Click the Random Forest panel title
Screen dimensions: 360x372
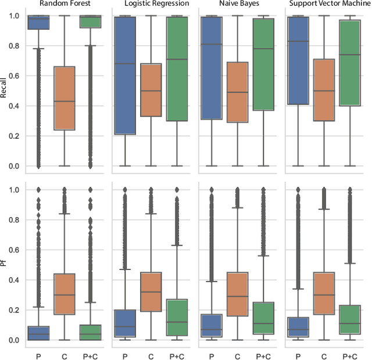pos(64,3)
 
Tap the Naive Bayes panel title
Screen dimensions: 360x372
pos(238,3)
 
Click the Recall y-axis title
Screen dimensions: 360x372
pos(4,91)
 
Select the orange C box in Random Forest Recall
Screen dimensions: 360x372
pos(64,98)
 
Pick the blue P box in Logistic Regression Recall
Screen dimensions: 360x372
pos(125,75)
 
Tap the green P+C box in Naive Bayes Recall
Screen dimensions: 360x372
pos(263,64)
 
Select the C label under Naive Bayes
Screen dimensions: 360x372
pos(238,354)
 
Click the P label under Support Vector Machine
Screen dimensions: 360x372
pos(299,354)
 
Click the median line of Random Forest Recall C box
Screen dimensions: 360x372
pos(64,101)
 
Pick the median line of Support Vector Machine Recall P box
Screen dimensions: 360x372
pos(299,41)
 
